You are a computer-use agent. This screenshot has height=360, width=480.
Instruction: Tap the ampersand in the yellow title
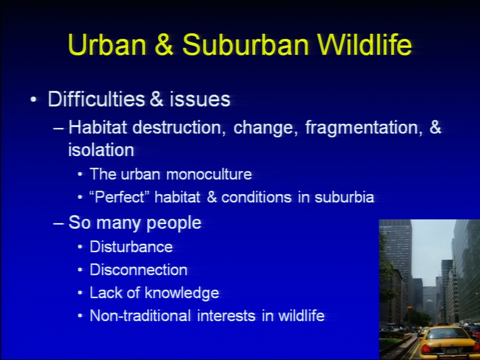click(164, 44)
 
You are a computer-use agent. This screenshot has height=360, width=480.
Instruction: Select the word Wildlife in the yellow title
click(365, 44)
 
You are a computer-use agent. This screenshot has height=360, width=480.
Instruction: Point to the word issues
click(199, 99)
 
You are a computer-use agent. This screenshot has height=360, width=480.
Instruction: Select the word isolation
click(101, 150)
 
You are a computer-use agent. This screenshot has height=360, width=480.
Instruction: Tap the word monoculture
click(209, 174)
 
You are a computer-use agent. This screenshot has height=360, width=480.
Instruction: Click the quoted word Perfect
click(119, 197)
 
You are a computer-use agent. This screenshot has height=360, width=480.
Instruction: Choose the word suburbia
click(344, 197)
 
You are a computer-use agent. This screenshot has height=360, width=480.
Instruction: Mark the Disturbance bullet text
click(131, 246)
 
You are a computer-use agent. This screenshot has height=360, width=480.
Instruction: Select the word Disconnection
click(138, 269)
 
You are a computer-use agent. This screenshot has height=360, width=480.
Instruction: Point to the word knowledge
click(182, 293)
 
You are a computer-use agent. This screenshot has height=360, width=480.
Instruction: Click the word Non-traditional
click(140, 315)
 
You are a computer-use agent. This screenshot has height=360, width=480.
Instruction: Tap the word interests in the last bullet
click(226, 316)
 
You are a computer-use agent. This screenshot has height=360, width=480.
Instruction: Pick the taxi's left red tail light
click(426, 348)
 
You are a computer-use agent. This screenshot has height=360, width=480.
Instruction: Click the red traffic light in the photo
click(409, 308)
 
